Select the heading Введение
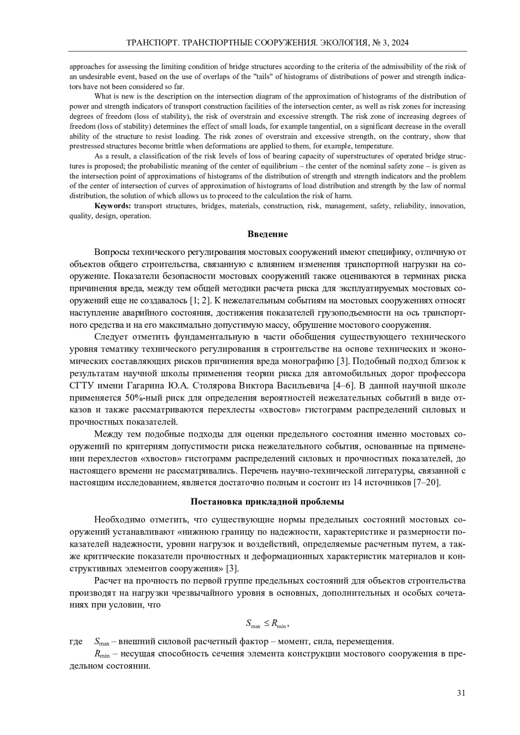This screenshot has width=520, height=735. coord(267,234)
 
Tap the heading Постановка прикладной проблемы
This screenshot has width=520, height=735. coord(267,502)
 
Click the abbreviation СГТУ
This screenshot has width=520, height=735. coord(81,385)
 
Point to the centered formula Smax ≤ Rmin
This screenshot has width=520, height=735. coord(266,623)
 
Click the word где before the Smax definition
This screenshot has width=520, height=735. coord(76,642)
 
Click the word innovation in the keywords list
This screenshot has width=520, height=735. coord(447,206)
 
